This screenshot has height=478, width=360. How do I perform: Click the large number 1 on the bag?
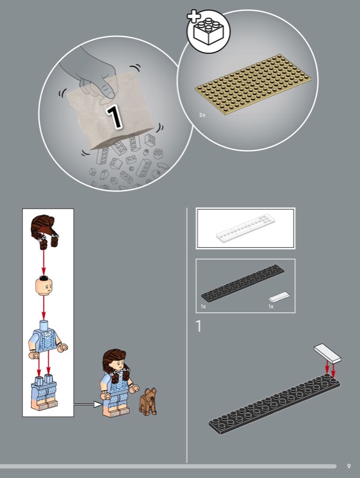(x=114, y=117)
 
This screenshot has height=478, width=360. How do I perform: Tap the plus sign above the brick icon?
(x=194, y=16)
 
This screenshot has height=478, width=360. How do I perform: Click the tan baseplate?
(x=253, y=84)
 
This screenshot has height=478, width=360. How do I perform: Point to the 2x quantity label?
(x=202, y=115)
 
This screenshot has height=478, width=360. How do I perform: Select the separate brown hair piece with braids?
(x=44, y=231)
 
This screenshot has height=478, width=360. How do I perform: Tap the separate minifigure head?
(x=44, y=286)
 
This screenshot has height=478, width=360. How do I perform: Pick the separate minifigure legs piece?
(x=44, y=393)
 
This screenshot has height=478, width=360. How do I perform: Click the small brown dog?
(x=148, y=401)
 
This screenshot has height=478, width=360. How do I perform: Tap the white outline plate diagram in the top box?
(x=246, y=228)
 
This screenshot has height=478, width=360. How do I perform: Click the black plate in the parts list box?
(x=243, y=283)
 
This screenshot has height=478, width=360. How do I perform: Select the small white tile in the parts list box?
(x=279, y=296)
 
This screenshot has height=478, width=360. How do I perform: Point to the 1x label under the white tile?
(x=271, y=307)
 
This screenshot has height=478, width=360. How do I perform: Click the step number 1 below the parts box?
(x=199, y=326)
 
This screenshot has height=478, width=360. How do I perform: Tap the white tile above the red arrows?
(x=327, y=353)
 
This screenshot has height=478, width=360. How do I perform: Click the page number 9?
(x=349, y=466)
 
